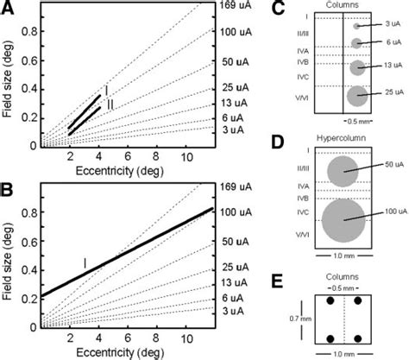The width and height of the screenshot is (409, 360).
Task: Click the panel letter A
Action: coord(9,10)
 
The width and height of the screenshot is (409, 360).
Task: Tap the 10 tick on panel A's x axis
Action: coord(186,158)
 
